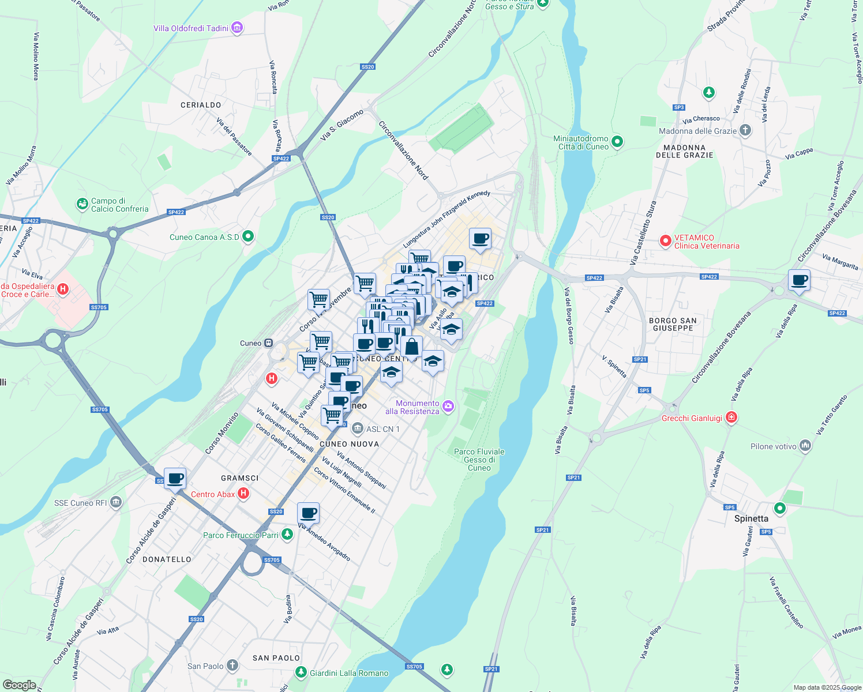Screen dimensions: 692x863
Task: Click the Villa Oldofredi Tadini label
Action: tap(191, 28)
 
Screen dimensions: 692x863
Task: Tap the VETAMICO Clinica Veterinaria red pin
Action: tap(665, 240)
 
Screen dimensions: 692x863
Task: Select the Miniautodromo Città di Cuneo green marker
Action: tap(617, 141)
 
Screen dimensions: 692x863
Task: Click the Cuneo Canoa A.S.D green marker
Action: tap(249, 236)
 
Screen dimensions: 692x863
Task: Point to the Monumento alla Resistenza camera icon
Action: tap(448, 407)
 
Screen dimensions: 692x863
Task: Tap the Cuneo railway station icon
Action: tap(268, 343)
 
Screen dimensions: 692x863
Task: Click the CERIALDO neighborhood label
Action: tap(201, 105)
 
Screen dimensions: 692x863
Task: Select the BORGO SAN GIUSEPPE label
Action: tap(673, 324)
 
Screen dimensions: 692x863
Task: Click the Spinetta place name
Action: tap(751, 518)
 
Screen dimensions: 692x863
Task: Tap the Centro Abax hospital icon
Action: tap(243, 493)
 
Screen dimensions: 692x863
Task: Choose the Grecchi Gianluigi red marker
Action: tap(731, 417)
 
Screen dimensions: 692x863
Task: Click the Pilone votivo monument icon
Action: tap(806, 446)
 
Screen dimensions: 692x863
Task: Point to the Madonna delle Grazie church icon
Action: tap(745, 130)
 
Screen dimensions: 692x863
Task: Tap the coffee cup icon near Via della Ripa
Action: tap(799, 281)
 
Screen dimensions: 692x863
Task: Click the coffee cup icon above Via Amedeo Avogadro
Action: tap(308, 513)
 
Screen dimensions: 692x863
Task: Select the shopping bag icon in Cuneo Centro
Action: tap(411, 347)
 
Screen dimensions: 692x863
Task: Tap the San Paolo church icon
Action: tap(232, 666)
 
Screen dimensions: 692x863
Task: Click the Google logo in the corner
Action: tap(19, 685)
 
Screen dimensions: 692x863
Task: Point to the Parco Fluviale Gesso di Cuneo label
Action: tap(479, 460)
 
